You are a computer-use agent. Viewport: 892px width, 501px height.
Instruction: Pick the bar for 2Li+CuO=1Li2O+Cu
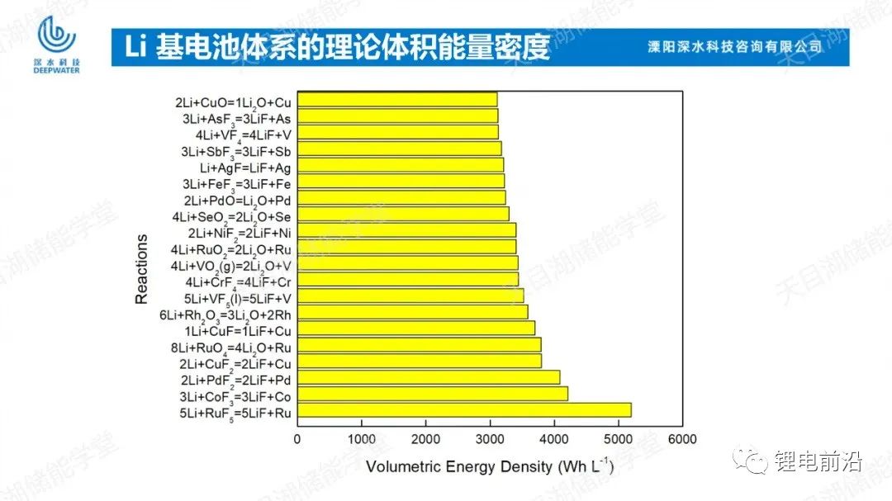tap(397, 100)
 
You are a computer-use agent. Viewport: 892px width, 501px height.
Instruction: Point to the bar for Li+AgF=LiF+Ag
tap(400, 165)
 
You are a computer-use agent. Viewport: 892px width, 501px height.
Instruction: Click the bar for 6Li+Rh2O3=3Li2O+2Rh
tap(412, 312)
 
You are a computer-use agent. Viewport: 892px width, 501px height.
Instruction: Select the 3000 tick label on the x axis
tap(490, 438)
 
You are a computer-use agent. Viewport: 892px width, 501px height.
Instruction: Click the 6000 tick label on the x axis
tap(682, 438)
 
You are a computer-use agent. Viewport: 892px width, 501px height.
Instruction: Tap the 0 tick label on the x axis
tap(297, 438)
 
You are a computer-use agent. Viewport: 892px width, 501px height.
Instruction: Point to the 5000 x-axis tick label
tap(618, 438)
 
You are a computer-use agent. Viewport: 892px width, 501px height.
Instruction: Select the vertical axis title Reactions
tap(142, 269)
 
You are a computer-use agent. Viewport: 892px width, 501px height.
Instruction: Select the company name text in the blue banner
tap(734, 47)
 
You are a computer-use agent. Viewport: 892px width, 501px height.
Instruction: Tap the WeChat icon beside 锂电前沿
tap(750, 461)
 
